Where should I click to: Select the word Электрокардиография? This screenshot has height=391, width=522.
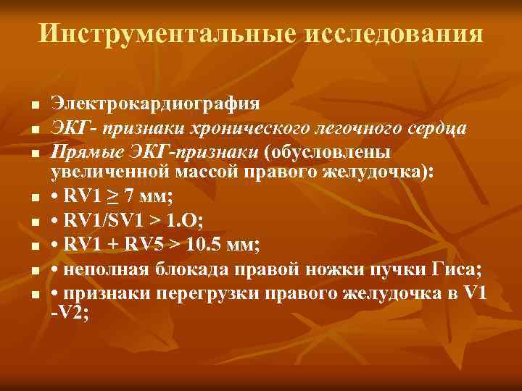pyautogui.click(x=155, y=102)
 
